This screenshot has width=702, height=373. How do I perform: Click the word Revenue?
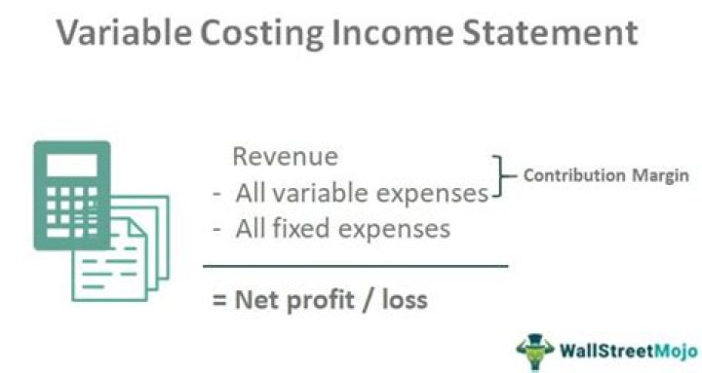tap(285, 157)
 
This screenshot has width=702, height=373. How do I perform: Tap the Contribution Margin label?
tap(606, 176)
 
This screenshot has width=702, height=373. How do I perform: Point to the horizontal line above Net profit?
tap(355, 265)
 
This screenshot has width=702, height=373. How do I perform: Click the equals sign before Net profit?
tap(219, 299)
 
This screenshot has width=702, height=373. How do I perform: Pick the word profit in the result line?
tap(322, 299)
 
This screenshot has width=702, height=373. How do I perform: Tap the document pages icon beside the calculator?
tap(136, 248)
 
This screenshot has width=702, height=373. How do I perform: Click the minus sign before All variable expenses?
tap(217, 194)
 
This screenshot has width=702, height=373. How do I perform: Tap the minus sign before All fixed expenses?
tap(217, 230)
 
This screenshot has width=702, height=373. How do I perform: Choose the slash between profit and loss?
tap(368, 299)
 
